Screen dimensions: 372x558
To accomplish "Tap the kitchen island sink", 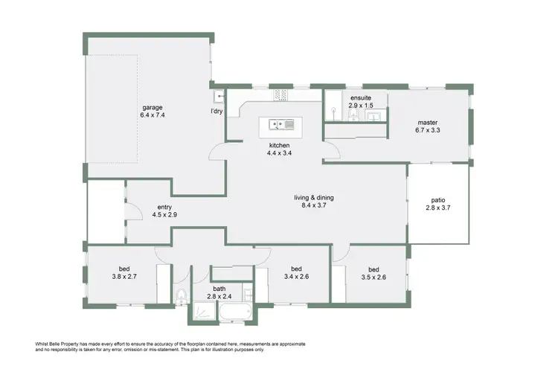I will tap(279, 124).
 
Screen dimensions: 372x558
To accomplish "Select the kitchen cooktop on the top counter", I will tap(281, 94).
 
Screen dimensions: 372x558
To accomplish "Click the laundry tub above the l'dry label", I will tap(219, 96).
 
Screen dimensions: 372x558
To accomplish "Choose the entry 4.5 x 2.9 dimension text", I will tap(164, 215).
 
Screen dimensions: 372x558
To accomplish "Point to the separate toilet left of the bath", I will tap(182, 297).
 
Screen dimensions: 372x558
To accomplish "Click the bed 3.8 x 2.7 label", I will tap(124, 269).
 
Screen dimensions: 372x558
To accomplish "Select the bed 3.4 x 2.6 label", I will tap(295, 269).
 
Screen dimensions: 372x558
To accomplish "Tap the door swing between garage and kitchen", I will tap(217, 152).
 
